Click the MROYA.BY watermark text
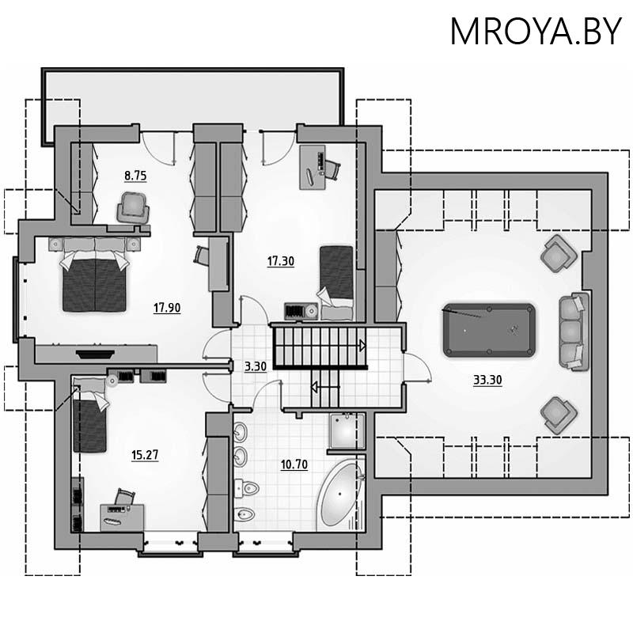pyautogui.click(x=536, y=31)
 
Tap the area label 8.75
pyautogui.click(x=135, y=176)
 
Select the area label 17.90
pyautogui.click(x=167, y=308)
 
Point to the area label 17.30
pyautogui.click(x=281, y=261)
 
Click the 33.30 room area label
pyautogui.click(x=487, y=380)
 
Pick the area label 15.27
pyautogui.click(x=145, y=455)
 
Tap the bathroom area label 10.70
pyautogui.click(x=294, y=464)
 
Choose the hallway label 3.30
pyautogui.click(x=256, y=366)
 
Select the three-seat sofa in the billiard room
pyautogui.click(x=573, y=331)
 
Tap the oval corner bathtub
pyautogui.click(x=339, y=494)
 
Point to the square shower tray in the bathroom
pyautogui.click(x=347, y=431)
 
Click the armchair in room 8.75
pyautogui.click(x=133, y=208)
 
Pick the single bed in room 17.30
pyautogui.click(x=336, y=282)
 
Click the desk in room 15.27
pyautogui.click(x=122, y=517)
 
